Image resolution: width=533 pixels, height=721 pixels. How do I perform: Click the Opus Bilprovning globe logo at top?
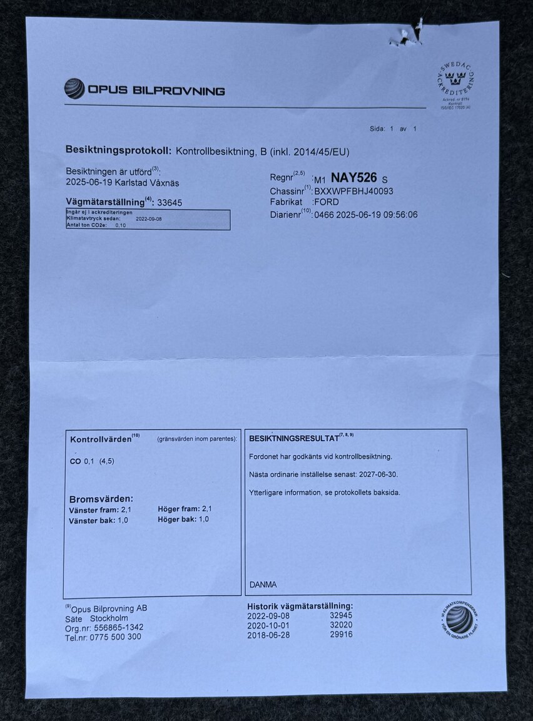tap(74, 89)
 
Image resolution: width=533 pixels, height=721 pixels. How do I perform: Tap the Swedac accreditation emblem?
tap(455, 85)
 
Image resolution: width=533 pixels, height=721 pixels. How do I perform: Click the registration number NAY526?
tap(353, 178)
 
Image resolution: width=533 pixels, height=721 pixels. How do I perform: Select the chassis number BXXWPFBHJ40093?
tap(353, 192)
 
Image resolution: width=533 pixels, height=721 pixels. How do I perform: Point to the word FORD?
tap(327, 203)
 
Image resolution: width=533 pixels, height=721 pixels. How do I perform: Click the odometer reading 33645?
tap(170, 203)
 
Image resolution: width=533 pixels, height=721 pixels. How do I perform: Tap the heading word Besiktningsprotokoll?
tap(118, 151)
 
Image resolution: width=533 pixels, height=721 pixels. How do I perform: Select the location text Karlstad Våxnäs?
tap(148, 183)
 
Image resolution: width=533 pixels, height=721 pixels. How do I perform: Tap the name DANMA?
tap(263, 585)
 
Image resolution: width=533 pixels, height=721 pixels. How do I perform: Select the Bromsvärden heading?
tap(101, 499)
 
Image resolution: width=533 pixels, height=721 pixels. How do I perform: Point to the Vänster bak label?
tap(91, 520)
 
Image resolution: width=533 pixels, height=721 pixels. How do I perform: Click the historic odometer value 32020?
tap(341, 625)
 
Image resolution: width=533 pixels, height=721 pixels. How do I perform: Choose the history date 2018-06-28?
tap(268, 634)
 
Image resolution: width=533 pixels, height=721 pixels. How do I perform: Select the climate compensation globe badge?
tap(460, 618)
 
